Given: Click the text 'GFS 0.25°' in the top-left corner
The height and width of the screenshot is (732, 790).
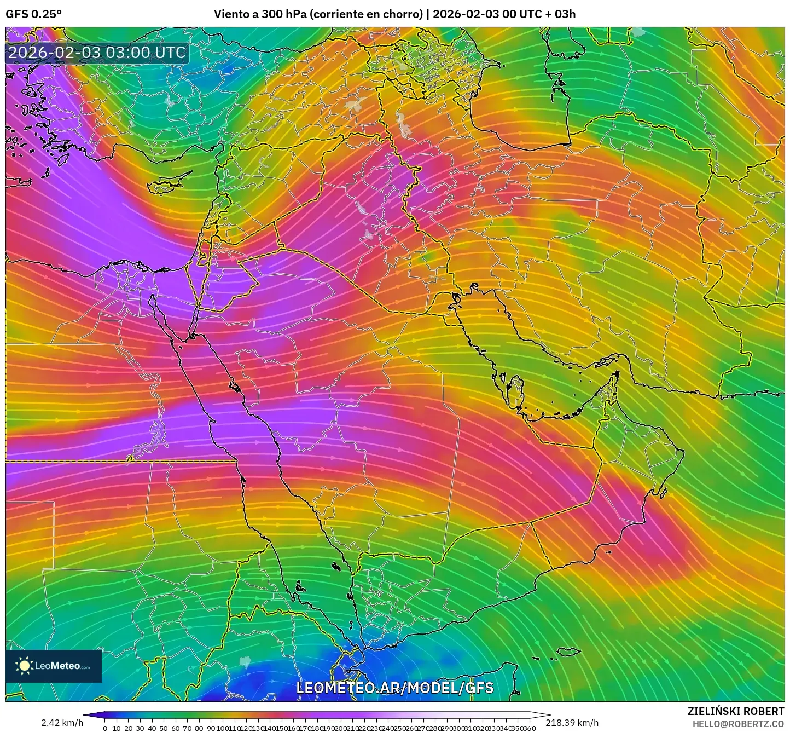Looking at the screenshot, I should tap(33, 14).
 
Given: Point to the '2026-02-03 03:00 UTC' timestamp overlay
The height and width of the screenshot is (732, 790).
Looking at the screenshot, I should tap(97, 53).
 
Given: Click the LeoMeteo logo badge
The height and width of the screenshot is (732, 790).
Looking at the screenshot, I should tap(54, 666).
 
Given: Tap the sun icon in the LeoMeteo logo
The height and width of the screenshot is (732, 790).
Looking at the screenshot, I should tap(24, 666).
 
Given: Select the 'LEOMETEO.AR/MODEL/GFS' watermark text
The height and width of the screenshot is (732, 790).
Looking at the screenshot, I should tap(394, 688).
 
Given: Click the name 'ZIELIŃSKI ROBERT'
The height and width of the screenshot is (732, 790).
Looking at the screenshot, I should tap(735, 711).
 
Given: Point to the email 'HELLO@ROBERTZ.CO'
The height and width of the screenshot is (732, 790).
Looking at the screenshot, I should tap(738, 723).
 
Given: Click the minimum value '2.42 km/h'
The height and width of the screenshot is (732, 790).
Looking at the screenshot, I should tap(62, 723).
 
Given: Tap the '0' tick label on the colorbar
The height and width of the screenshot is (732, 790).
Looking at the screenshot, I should tap(105, 728).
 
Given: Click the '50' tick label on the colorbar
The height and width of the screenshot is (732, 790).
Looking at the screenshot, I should tap(164, 728).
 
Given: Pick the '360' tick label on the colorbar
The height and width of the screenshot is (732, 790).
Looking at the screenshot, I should tap(529, 728).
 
